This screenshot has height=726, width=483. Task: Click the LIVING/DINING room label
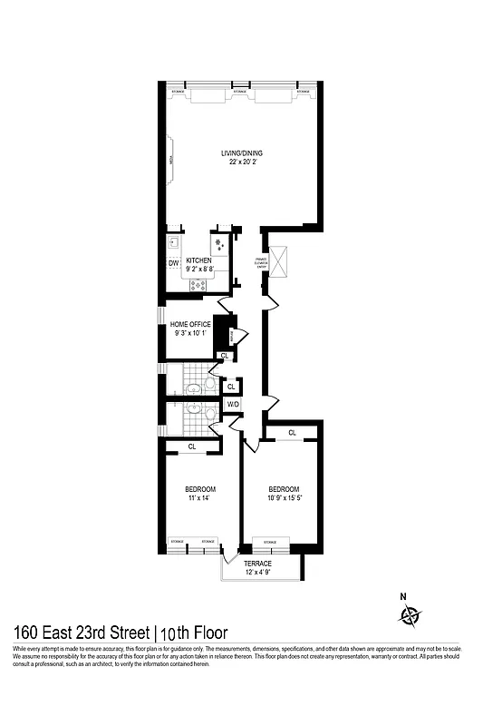(x=243, y=152)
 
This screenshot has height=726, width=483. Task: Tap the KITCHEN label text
(x=199, y=260)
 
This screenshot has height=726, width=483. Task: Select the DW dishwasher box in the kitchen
(x=173, y=264)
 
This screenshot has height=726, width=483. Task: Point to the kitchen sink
(x=174, y=242)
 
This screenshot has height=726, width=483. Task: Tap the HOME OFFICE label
(x=191, y=324)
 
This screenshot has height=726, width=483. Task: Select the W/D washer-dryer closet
(x=233, y=404)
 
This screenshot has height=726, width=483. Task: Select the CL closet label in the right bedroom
(x=292, y=433)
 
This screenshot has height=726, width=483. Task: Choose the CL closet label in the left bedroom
(x=192, y=446)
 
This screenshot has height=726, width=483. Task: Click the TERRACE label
(x=257, y=564)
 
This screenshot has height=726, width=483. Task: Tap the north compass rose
(x=411, y=616)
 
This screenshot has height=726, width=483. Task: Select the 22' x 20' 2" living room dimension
(x=243, y=162)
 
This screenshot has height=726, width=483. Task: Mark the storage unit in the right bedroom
(x=270, y=545)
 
